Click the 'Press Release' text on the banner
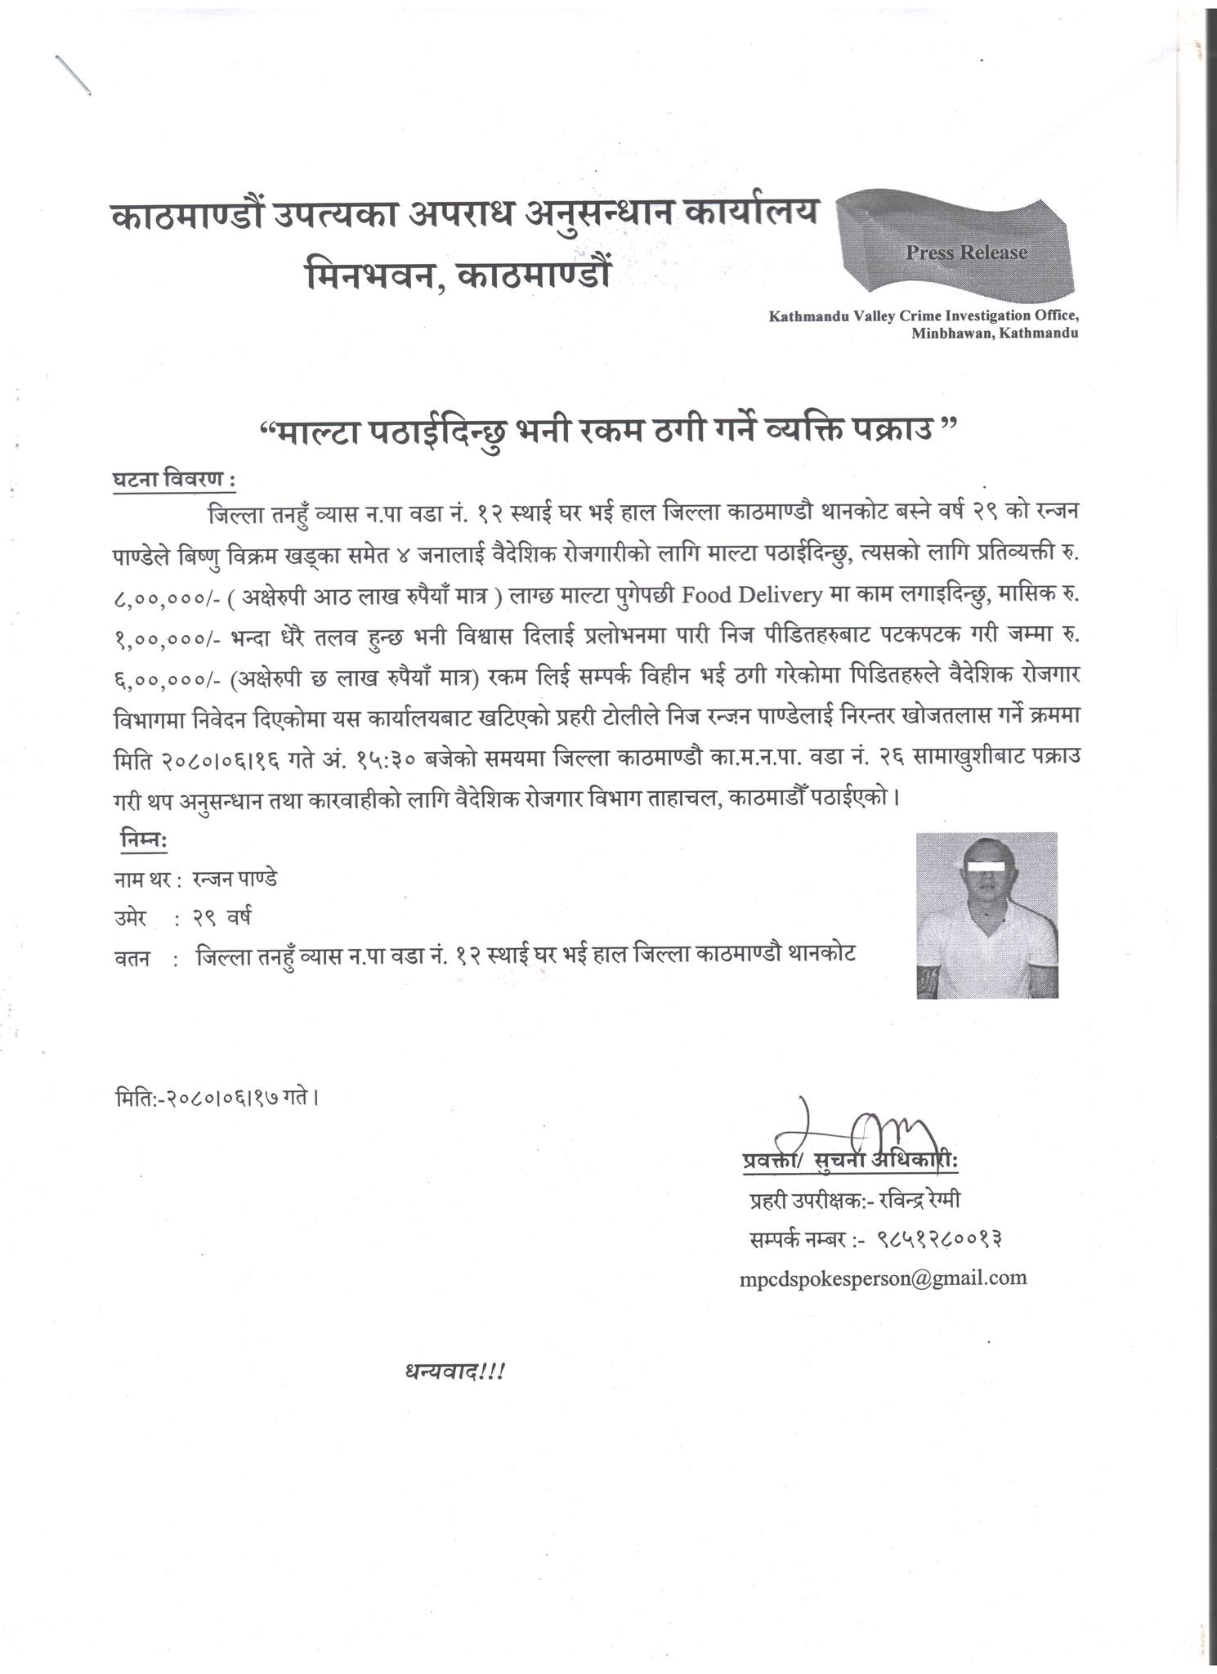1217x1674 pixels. pyautogui.click(x=965, y=253)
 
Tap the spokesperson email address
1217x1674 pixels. pyautogui.click(x=883, y=1278)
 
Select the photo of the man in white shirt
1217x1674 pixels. pyautogui.click(x=987, y=915)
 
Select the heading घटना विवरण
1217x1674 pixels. pyautogui.click(x=172, y=480)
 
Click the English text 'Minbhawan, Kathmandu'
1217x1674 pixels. pyautogui.click(x=995, y=333)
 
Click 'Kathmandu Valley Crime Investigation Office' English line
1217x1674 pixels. pyautogui.click(x=924, y=316)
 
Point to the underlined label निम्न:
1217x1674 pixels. pyautogui.click(x=143, y=840)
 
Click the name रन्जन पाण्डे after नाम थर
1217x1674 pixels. pyautogui.click(x=235, y=879)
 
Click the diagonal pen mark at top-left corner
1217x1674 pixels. pyautogui.click(x=72, y=75)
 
